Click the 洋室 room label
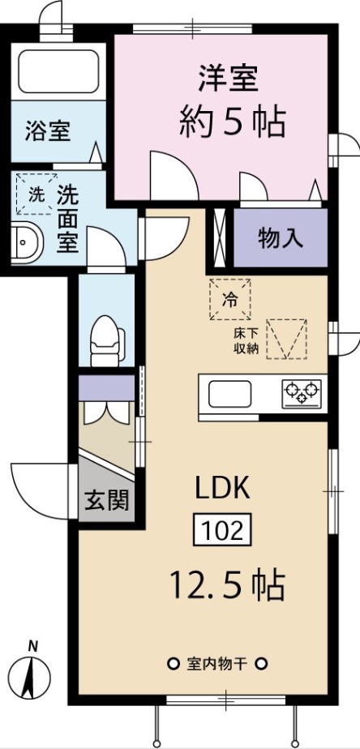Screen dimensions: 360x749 [x=229, y=78]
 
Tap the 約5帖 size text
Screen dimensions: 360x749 [x=233, y=122]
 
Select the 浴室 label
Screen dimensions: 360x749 [x=48, y=131]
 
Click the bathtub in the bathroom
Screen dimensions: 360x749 [x=58, y=71]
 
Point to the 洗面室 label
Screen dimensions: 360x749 [x=67, y=218]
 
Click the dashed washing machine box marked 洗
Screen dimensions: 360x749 [x=36, y=195]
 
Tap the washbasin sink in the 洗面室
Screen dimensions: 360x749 [x=26, y=242]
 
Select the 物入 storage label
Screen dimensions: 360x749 [x=281, y=238]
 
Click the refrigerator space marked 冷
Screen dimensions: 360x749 [x=230, y=299]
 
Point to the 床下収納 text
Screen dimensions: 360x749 [x=246, y=340]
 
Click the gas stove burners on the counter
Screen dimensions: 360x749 [x=302, y=393]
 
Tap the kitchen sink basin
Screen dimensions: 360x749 [x=230, y=394]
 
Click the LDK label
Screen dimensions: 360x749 [x=222, y=489]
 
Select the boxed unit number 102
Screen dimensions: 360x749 [x=222, y=530]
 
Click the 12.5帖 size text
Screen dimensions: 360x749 [x=227, y=584]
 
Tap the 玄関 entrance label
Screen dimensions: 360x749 [x=106, y=501]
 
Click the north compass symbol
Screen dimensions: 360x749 [x=30, y=678]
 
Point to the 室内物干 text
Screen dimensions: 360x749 [x=217, y=664]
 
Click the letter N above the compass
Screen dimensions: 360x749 [x=32, y=647]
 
